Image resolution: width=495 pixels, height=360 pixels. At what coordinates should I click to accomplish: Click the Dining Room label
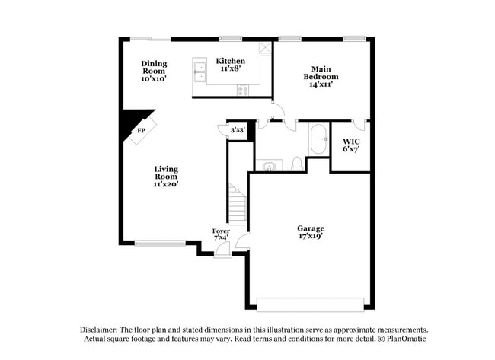[154, 71]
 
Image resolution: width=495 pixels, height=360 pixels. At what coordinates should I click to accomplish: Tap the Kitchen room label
[230, 65]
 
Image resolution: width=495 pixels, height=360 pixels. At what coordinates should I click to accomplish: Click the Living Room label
[166, 176]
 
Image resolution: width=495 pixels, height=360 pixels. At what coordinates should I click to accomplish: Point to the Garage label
[311, 232]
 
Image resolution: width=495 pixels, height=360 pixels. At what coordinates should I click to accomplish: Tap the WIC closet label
[351, 145]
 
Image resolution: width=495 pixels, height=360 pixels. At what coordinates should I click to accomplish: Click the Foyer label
[221, 234]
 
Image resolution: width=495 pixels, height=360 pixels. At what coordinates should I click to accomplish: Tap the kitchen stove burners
[244, 90]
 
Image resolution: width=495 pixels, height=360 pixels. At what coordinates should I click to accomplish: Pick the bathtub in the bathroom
[318, 140]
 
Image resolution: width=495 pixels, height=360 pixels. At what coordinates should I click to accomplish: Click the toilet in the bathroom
[298, 164]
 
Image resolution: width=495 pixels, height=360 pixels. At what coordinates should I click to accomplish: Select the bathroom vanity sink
[268, 165]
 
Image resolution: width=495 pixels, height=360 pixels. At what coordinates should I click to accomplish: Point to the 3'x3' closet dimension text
[238, 131]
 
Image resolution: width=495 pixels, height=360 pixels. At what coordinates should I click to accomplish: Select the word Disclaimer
[104, 329]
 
